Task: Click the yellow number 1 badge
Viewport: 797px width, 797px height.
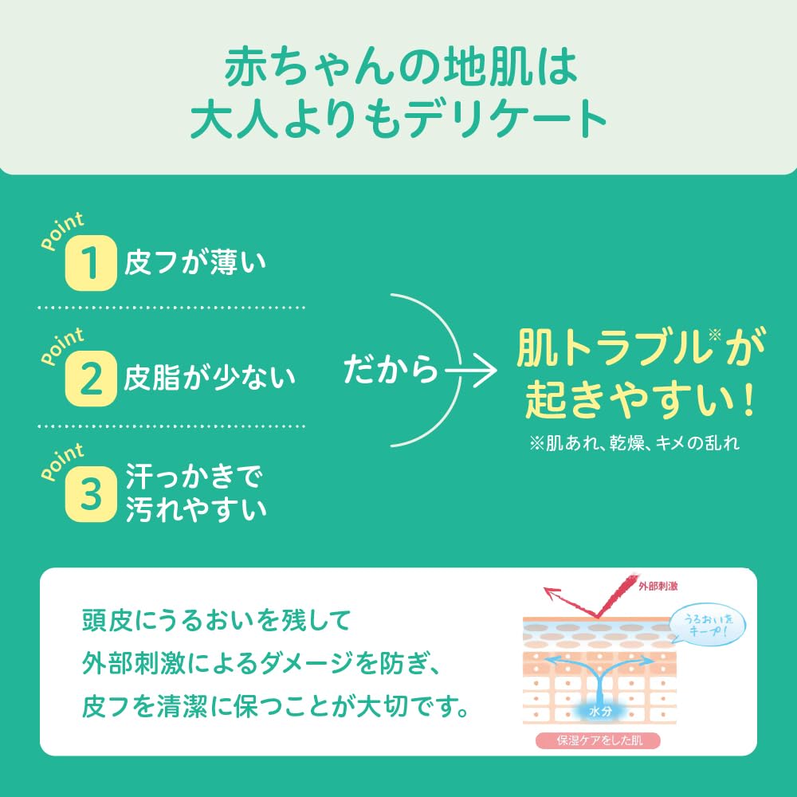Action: pos(91,263)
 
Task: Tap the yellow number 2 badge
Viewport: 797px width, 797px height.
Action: pos(91,379)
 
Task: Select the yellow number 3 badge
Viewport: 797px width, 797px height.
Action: pos(91,494)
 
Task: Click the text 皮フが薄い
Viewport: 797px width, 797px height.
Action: pos(195,262)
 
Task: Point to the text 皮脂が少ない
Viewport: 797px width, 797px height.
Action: pos(210,378)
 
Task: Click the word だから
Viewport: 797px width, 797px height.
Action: pos(391,369)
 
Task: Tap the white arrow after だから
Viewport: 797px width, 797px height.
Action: pos(471,371)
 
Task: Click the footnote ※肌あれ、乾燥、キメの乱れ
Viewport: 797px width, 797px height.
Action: pos(634,443)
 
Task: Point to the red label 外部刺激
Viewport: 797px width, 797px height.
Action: pos(658,586)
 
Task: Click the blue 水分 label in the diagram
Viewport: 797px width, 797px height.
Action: pos(600,711)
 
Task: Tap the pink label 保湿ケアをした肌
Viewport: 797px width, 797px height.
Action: pos(598,740)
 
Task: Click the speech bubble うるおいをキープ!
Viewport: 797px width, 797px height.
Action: pos(708,625)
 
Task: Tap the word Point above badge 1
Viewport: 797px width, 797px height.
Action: pos(62,231)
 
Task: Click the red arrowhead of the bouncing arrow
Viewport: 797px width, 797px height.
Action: pos(552,594)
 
